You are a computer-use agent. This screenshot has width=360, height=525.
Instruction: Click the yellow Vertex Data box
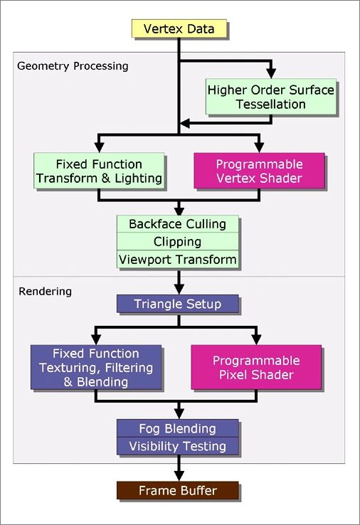[x=179, y=28]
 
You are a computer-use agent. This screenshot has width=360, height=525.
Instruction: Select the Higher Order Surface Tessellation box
[x=270, y=97]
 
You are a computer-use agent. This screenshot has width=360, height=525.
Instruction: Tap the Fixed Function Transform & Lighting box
[x=99, y=171]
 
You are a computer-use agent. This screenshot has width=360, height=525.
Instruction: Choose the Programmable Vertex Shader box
[x=259, y=171]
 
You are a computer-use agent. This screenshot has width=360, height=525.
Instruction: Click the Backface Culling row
[x=177, y=224]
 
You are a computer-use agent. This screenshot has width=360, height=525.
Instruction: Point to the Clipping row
[x=177, y=241]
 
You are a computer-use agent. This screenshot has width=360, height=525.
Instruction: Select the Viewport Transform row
[x=177, y=259]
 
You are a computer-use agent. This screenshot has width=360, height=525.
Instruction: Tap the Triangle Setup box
[x=177, y=304]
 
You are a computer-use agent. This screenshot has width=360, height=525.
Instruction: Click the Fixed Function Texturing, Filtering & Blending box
[x=96, y=367]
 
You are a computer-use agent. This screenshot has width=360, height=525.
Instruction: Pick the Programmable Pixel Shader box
[x=256, y=367]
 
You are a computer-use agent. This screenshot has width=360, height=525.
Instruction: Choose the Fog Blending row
[x=177, y=428]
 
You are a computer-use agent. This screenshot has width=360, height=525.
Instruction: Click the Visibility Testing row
[x=177, y=446]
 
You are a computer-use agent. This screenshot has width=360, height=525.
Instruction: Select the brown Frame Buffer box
[x=177, y=491]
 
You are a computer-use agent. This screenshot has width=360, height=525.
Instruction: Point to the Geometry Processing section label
[x=73, y=66]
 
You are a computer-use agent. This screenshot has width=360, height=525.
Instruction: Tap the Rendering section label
[x=46, y=291]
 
